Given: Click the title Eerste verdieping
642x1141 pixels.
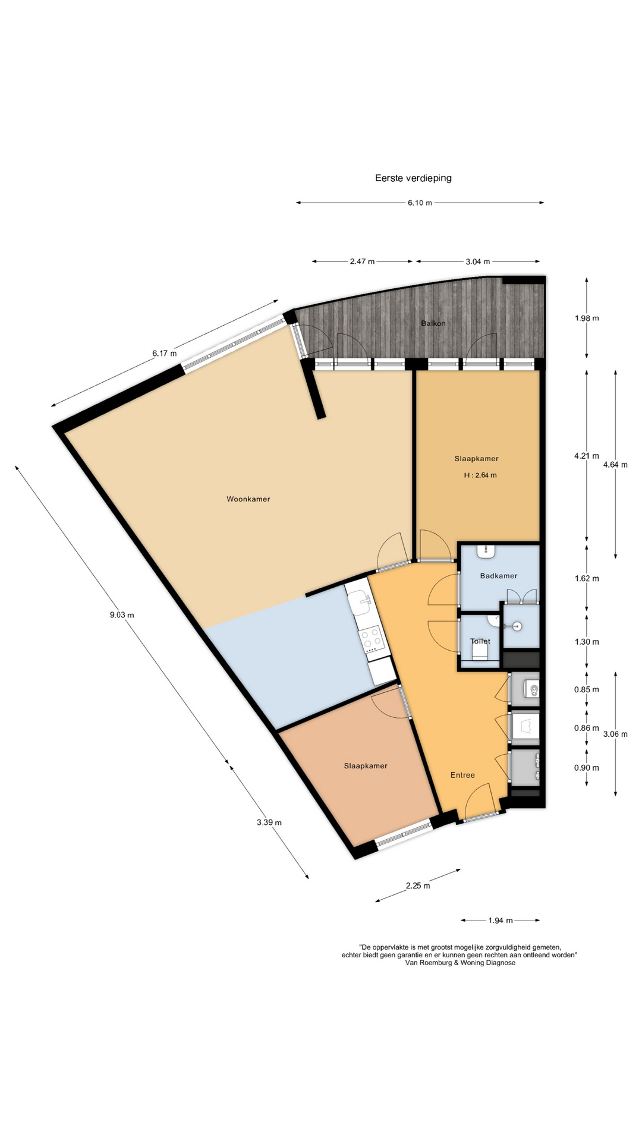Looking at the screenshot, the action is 413,178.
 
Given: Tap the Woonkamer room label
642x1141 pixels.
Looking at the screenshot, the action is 248,499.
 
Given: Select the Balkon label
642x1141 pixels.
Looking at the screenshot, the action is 433,323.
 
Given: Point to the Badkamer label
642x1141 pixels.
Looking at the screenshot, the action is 499,576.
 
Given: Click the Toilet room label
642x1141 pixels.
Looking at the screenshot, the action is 480,641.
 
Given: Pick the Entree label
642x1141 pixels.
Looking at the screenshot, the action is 462,775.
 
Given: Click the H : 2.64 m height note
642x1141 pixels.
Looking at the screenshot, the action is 480,475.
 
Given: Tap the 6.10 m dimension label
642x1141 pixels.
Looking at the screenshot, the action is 420,203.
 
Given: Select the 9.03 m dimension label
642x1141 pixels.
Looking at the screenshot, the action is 122,615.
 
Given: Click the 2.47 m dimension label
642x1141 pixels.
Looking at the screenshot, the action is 362,261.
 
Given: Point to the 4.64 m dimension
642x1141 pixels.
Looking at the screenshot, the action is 615,465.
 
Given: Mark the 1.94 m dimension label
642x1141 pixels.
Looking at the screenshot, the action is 501,921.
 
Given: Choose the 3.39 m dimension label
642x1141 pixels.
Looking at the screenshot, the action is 269,822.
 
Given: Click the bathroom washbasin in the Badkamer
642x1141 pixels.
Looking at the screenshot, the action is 486,550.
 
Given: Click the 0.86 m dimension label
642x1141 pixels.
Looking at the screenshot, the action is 587,728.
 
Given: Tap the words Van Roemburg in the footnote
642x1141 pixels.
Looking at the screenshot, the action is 429,963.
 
